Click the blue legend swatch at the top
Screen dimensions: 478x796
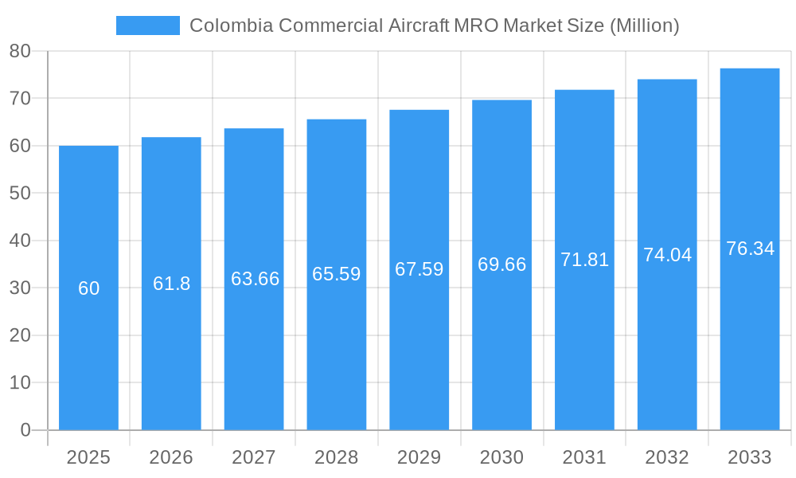[148, 25]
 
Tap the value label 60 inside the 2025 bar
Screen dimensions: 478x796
[89, 288]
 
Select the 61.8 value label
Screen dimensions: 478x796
[172, 284]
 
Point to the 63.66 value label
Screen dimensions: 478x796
[255, 279]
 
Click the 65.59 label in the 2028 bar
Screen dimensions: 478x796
[337, 274]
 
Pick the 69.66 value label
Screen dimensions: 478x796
[502, 264]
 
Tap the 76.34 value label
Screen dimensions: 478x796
[750, 249]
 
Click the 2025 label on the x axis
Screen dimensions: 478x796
[88, 457]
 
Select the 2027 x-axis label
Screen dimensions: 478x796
[254, 457]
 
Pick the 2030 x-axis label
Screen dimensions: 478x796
[502, 457]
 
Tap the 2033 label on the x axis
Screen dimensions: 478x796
[750, 457]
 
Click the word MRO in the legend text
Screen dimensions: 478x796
[476, 25]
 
